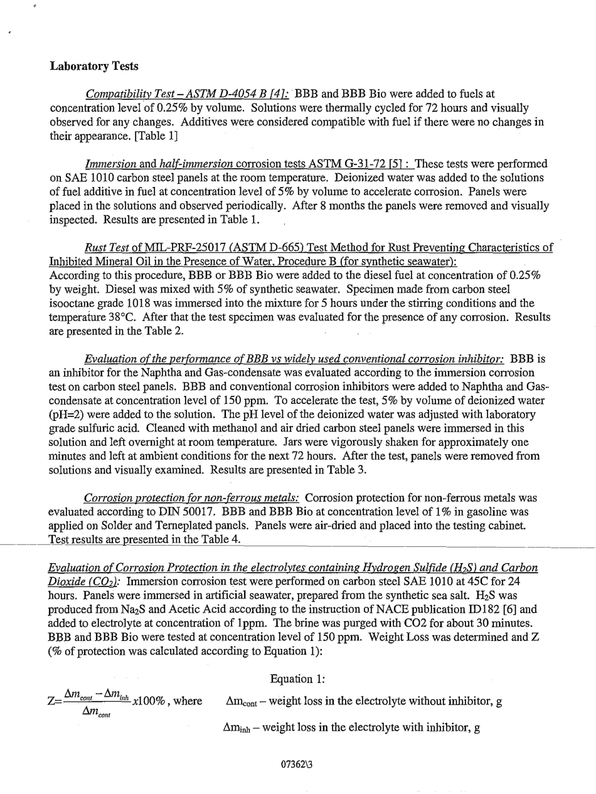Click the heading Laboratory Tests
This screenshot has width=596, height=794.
point(94,66)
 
